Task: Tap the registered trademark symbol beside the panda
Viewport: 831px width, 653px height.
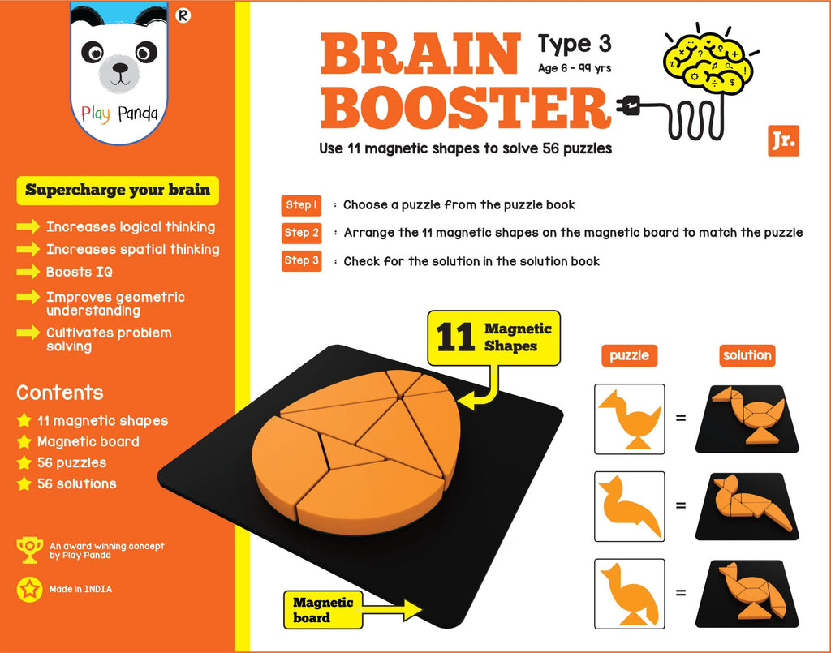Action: click(x=183, y=15)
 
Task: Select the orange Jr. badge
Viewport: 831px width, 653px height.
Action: click(x=782, y=140)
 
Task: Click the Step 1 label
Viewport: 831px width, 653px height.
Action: click(x=301, y=205)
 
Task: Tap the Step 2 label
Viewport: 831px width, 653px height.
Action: click(x=301, y=233)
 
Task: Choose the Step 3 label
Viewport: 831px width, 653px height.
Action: click(x=301, y=261)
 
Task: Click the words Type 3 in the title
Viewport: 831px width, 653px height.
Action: click(x=574, y=42)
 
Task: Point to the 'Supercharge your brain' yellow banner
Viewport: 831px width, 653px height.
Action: click(x=118, y=191)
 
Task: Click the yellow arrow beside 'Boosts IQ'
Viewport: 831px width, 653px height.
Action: click(x=28, y=273)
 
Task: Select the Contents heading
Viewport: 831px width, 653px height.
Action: click(x=60, y=393)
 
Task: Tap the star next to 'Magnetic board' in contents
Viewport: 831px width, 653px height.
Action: click(x=24, y=442)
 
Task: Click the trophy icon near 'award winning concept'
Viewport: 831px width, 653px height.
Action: click(x=29, y=550)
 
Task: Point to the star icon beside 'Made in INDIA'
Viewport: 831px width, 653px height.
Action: click(x=29, y=589)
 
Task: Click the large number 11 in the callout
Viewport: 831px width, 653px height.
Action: click(x=456, y=337)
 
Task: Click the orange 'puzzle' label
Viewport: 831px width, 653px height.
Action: click(x=629, y=355)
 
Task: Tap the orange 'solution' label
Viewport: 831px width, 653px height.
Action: click(x=747, y=355)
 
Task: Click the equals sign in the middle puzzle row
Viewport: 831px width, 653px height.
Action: click(x=680, y=505)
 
